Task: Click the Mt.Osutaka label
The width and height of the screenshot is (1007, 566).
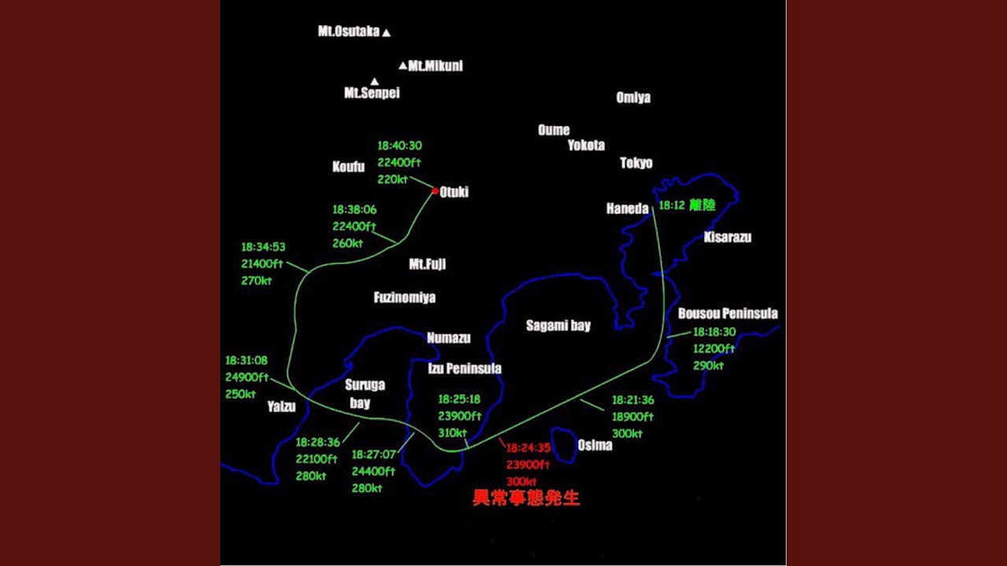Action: pyautogui.click(x=349, y=31)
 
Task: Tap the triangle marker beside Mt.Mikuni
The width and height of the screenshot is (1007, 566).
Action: pyautogui.click(x=403, y=66)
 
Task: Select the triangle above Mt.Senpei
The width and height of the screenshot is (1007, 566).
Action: pyautogui.click(x=374, y=81)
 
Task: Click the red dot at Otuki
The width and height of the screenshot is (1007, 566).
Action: pyautogui.click(x=435, y=191)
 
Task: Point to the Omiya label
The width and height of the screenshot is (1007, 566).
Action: pyautogui.click(x=633, y=97)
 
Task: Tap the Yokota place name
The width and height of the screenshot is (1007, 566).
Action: pyautogui.click(x=586, y=145)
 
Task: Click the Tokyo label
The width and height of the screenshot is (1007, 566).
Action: pyautogui.click(x=636, y=163)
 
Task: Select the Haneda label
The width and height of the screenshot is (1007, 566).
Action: pyautogui.click(x=628, y=208)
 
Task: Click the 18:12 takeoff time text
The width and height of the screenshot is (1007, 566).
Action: pyautogui.click(x=672, y=205)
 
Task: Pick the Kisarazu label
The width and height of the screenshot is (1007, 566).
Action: pyautogui.click(x=728, y=237)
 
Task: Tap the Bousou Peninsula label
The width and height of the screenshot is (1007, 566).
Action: pyautogui.click(x=728, y=313)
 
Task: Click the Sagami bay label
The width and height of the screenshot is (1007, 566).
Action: pyautogui.click(x=559, y=325)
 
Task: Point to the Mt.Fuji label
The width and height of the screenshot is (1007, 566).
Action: pyautogui.click(x=427, y=263)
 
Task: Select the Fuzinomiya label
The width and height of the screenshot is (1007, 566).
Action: pyautogui.click(x=404, y=297)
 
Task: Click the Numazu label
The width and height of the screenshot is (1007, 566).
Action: pyautogui.click(x=448, y=338)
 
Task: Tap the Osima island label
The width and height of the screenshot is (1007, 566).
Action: pyautogui.click(x=595, y=445)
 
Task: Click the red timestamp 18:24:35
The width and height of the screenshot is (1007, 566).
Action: pyautogui.click(x=528, y=448)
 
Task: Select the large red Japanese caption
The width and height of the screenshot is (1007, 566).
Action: pyautogui.click(x=526, y=498)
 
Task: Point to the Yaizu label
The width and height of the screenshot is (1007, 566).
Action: pyautogui.click(x=282, y=406)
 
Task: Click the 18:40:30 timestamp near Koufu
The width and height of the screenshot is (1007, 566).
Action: pyautogui.click(x=400, y=145)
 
